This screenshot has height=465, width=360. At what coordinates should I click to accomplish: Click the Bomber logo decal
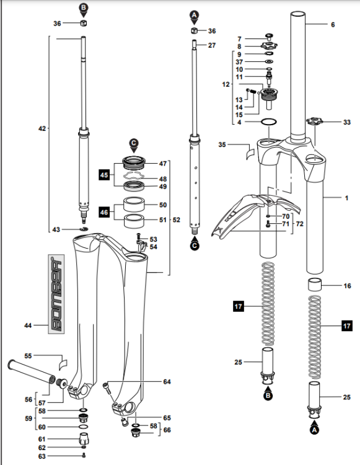[x=56, y=294]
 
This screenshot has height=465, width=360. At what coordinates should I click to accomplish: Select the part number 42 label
[x=42, y=129]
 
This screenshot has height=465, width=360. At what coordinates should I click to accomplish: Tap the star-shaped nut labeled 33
[x=315, y=122]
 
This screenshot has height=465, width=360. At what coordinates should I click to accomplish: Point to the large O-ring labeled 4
[x=269, y=122]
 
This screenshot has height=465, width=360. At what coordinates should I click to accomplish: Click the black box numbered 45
[x=104, y=175]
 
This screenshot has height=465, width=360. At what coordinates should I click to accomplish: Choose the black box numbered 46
[x=104, y=212]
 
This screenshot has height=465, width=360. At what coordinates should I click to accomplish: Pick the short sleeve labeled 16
[x=314, y=285]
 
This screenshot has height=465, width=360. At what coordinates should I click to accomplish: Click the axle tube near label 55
[x=32, y=371]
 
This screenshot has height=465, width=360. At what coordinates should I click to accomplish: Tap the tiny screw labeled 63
[x=84, y=455]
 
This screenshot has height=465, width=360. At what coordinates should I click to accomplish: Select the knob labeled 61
[x=84, y=438]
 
